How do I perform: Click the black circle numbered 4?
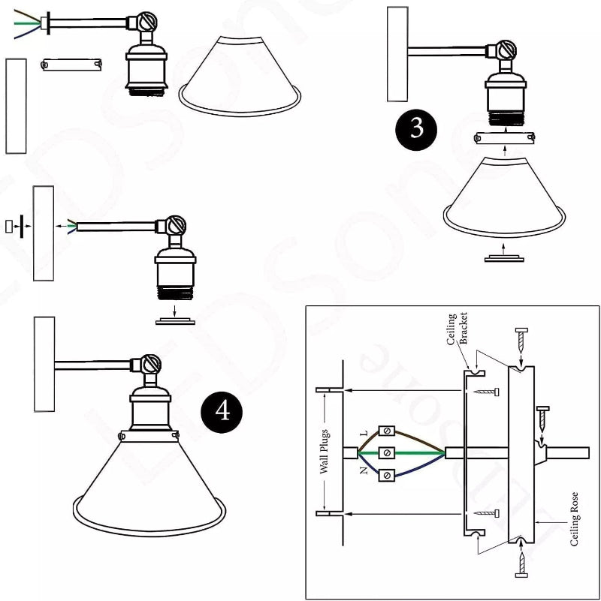(223, 411)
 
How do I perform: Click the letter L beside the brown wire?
(364, 434)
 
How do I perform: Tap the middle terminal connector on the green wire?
(387, 453)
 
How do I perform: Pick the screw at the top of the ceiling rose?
(519, 342)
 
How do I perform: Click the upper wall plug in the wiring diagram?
(329, 391)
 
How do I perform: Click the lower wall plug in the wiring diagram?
(329, 515)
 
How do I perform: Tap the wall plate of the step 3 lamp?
(397, 54)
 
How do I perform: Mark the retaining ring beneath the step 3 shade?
(504, 257)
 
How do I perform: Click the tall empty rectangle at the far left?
(16, 105)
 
